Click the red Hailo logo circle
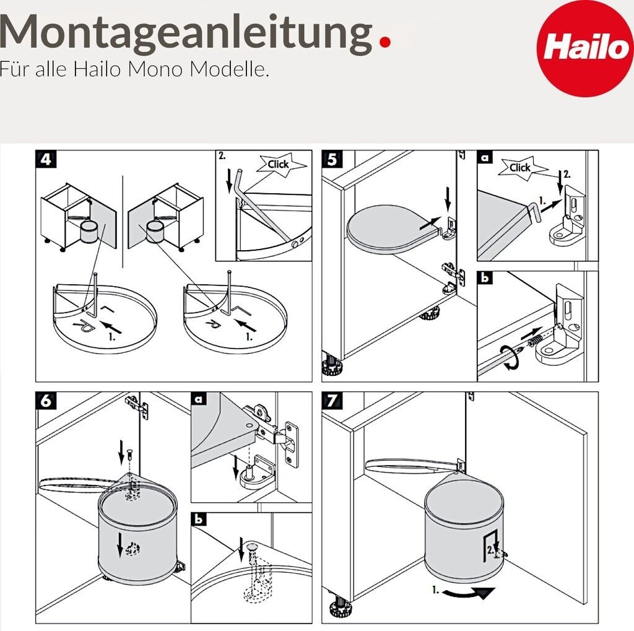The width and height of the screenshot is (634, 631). click(585, 48)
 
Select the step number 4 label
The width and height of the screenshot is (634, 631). click(46, 159)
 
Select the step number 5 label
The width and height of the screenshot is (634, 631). click(332, 159)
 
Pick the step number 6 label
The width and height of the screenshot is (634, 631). click(46, 401)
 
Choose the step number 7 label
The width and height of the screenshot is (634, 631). click(332, 401)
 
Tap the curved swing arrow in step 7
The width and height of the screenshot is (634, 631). click(468, 593)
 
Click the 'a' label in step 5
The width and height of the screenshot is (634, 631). click(485, 157)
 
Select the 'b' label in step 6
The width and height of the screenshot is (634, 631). click(199, 519)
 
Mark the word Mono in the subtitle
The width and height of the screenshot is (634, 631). click(155, 69)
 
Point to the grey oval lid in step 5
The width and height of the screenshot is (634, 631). click(391, 229)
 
